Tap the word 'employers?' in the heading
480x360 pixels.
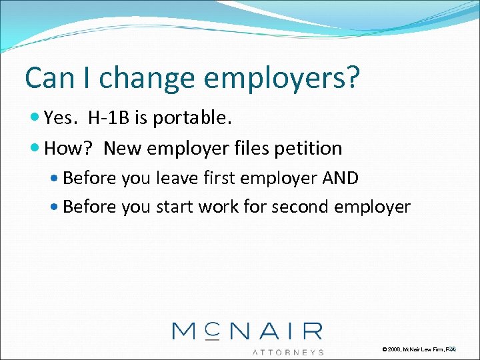coord(282,78)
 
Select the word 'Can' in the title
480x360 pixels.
coord(47,78)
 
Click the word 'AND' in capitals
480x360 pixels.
coord(340,178)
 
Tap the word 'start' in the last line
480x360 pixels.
coord(173,207)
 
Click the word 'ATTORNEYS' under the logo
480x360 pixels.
coord(288,351)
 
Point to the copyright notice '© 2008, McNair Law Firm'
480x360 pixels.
coord(413,349)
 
